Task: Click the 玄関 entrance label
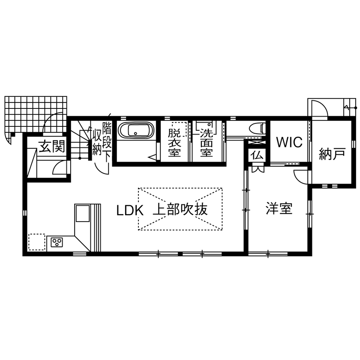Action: click(x=52, y=147)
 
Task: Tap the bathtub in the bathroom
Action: click(x=135, y=130)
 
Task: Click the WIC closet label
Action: click(x=289, y=142)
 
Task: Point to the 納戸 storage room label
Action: click(x=332, y=154)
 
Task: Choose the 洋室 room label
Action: click(x=279, y=209)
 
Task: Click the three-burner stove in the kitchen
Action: click(x=56, y=243)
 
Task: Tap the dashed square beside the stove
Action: click(x=36, y=241)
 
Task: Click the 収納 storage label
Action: click(x=96, y=143)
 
